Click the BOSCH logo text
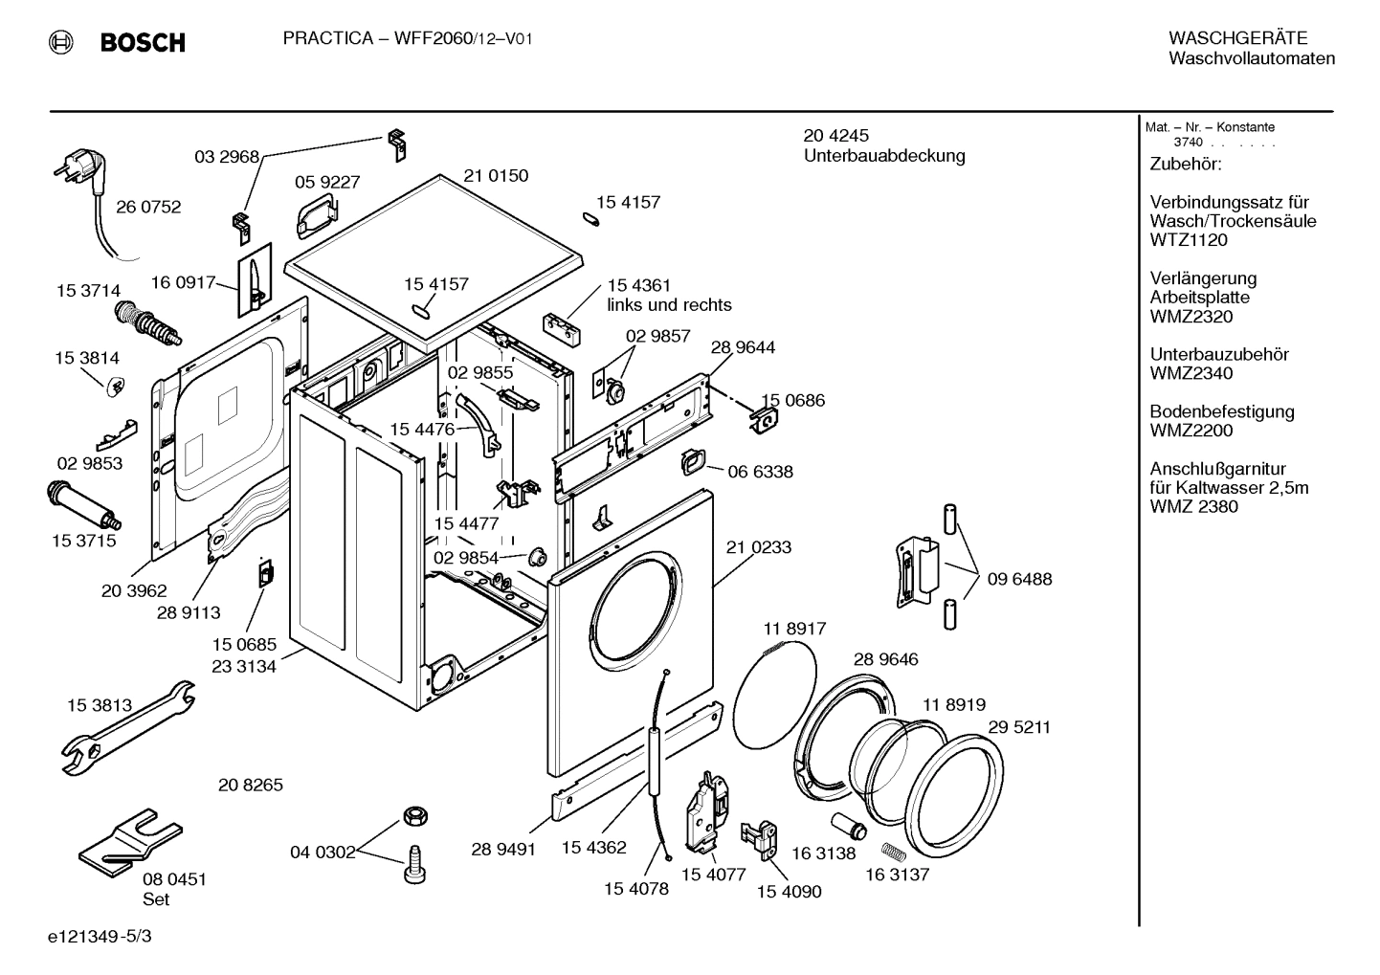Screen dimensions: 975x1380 [x=142, y=42]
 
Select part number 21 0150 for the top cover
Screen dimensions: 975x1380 [x=496, y=176]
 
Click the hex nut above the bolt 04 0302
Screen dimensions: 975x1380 [x=414, y=816]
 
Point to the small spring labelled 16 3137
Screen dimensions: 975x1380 [x=891, y=849]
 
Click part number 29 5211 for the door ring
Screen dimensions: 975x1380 [x=1019, y=727]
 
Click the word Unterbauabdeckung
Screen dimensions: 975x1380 [x=884, y=156]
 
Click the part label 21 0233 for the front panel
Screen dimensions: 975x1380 [x=759, y=547]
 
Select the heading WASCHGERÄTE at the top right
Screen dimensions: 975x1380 [x=1237, y=38]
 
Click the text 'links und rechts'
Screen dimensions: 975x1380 [x=669, y=305]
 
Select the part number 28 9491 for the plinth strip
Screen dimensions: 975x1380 [x=503, y=850]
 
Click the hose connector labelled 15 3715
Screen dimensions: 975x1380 [x=81, y=505]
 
